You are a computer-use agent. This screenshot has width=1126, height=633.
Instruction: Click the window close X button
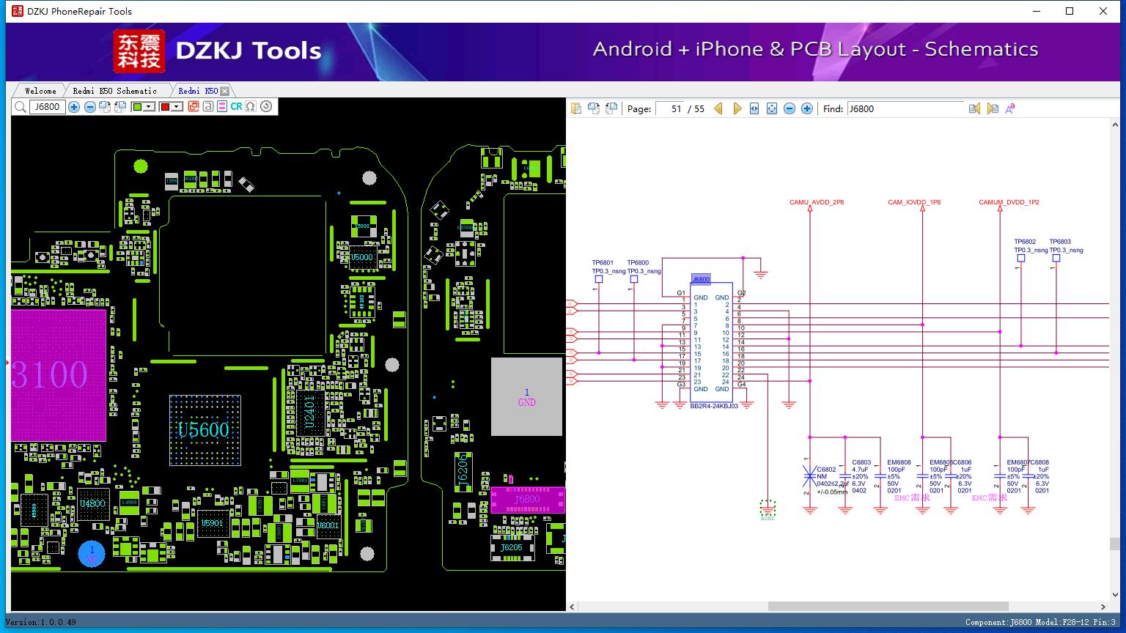pos(1103,11)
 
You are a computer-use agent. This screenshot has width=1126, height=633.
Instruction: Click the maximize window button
pos(1070,11)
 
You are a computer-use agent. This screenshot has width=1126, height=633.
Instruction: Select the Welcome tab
pos(40,91)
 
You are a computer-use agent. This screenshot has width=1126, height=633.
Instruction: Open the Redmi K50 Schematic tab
pos(114,91)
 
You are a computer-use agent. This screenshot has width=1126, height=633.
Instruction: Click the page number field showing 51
pos(670,108)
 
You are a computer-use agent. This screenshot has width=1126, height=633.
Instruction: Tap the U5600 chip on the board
pos(204,430)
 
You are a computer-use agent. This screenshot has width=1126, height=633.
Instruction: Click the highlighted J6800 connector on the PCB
pos(527,500)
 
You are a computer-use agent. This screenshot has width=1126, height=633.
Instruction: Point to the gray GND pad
pos(526,397)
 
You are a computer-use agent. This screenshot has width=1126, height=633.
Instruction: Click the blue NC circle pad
pos(92,554)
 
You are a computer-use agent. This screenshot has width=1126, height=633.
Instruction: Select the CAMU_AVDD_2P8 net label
pos(817,202)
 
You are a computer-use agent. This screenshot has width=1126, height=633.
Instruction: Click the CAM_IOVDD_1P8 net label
pos(914,202)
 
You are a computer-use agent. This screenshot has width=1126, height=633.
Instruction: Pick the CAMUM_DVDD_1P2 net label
pos(1009,202)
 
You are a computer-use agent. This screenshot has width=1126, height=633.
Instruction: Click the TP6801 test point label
pos(603,263)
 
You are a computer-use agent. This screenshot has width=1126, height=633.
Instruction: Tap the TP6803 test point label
pos(1060,242)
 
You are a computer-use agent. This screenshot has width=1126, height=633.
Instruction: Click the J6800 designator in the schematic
pos(701,279)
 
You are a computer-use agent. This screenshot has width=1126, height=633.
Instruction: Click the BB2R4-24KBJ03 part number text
pos(713,406)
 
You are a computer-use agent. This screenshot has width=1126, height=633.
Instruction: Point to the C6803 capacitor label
pos(861,463)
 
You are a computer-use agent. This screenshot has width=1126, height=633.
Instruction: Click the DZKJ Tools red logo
pos(139,51)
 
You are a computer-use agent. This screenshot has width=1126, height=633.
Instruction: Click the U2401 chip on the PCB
pos(310,413)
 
